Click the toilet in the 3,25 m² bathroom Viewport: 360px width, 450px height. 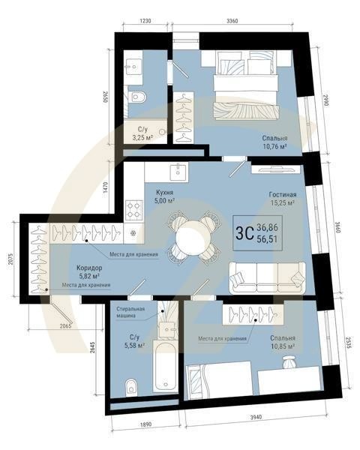pyautogui.click(x=137, y=96)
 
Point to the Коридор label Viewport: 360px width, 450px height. pyautogui.click(x=90, y=268)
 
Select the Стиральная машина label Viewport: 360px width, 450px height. pyautogui.click(x=130, y=312)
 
